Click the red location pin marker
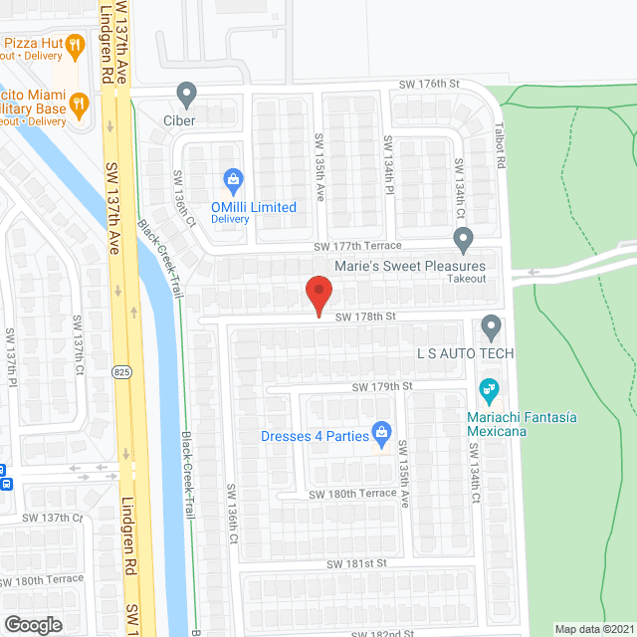(x=318, y=294)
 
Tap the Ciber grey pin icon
(x=186, y=95)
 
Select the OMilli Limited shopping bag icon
(x=233, y=180)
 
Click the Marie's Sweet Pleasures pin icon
(x=463, y=239)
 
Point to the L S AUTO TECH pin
(x=490, y=326)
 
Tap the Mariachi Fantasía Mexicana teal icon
(x=489, y=388)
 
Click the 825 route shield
(x=121, y=371)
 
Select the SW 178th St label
(x=365, y=317)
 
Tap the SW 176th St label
(x=430, y=86)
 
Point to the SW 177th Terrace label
(x=357, y=246)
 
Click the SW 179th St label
(x=381, y=386)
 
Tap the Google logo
(x=32, y=624)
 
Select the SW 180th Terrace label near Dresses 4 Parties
(x=352, y=494)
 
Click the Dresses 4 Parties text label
(x=313, y=434)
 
